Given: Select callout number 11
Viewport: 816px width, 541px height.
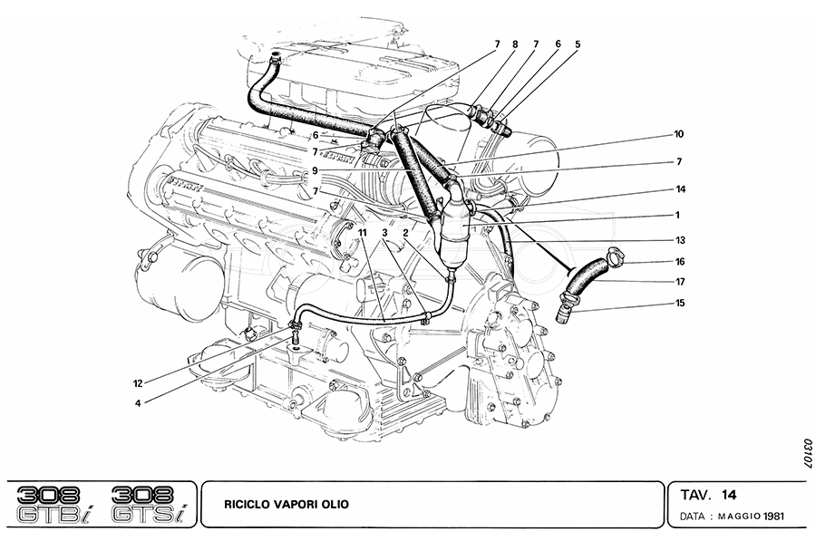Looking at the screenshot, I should pos(362,233).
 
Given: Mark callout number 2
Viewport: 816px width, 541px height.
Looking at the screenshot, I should pos(407,233).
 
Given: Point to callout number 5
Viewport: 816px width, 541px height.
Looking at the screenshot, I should pos(577,43).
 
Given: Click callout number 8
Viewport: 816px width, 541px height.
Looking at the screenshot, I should pos(515,43).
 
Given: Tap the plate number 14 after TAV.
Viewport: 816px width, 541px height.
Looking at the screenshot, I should pos(729,496).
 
